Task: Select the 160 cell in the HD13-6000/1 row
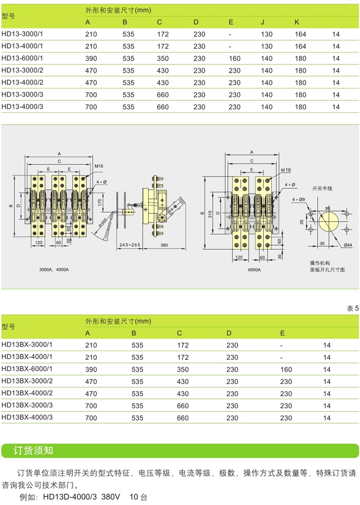click(234, 58)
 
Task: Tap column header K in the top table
click(297, 22)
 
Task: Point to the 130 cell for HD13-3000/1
click(266, 34)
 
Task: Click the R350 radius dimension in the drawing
click(104, 222)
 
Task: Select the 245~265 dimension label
click(129, 245)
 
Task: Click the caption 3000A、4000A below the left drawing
click(53, 269)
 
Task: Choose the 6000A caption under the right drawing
click(254, 269)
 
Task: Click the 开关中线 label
click(323, 188)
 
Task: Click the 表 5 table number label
click(352, 308)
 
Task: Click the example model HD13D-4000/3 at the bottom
click(69, 497)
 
